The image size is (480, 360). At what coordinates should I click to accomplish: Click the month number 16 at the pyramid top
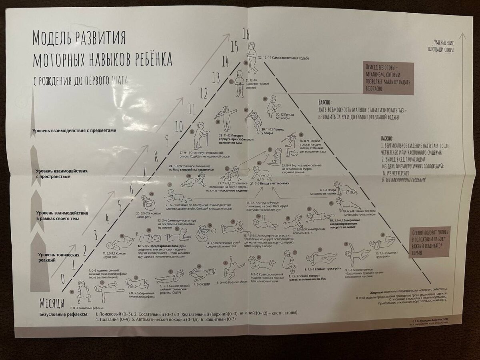[246, 35]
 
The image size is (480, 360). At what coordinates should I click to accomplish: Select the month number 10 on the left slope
[178, 127]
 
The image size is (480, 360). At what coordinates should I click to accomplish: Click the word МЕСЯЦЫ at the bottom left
[52, 302]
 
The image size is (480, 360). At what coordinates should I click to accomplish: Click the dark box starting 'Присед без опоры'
[388, 78]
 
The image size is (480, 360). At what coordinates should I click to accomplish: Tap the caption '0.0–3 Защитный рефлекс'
[86, 308]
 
